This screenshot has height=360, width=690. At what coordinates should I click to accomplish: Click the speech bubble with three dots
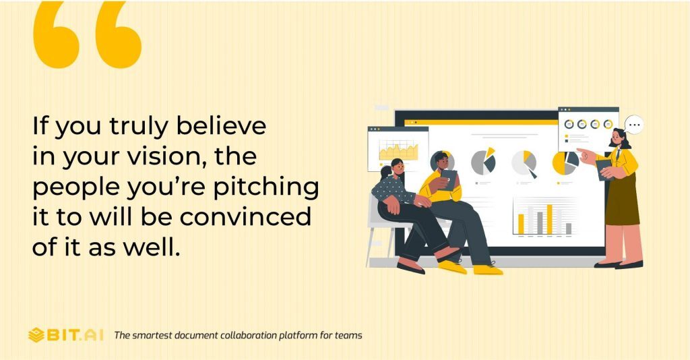click(633, 125)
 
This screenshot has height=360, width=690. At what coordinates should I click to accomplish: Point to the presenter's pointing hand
click(585, 154)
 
